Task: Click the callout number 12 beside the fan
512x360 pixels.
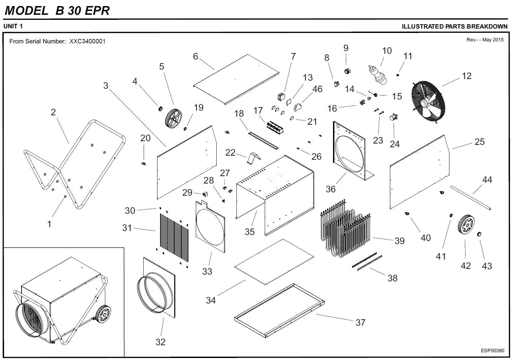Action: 467,76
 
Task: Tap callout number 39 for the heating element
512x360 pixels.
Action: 399,241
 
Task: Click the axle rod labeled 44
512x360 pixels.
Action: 470,198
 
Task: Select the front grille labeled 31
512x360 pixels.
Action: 174,237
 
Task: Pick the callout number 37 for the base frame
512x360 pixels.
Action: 360,322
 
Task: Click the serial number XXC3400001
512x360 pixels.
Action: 87,41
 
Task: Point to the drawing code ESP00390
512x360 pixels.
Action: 492,351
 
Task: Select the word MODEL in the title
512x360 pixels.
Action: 26,10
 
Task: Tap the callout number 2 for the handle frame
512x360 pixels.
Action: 53,112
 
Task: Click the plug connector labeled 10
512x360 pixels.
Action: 378,74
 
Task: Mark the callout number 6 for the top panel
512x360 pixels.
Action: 195,56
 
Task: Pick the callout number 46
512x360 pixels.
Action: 317,89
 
